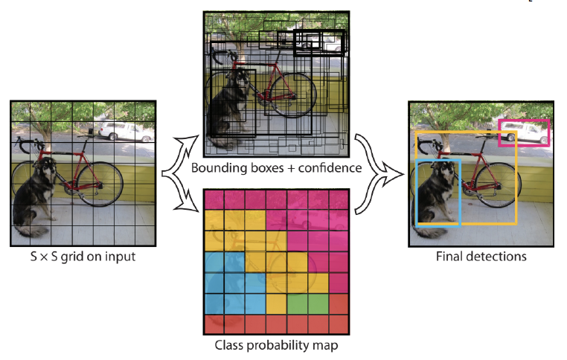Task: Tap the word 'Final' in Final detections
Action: (x=449, y=257)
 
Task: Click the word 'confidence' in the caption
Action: (x=327, y=168)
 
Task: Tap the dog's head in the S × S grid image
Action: (x=45, y=167)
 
